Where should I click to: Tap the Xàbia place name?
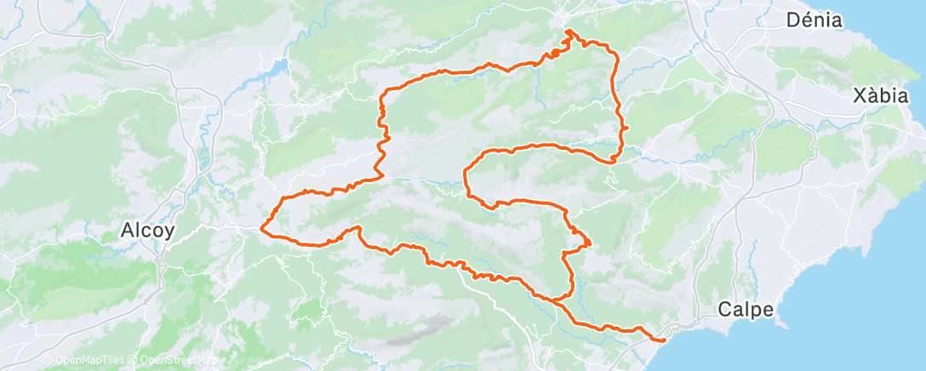(x=881, y=96)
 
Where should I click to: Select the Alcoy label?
(x=149, y=230)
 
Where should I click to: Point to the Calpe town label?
(x=746, y=310)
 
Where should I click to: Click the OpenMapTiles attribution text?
(x=88, y=361)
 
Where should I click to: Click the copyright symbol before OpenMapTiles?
(x=47, y=361)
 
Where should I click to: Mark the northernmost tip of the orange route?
(x=568, y=31)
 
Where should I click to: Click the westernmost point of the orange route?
(x=261, y=227)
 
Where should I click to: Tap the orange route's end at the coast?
(x=663, y=341)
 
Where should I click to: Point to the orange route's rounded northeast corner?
(x=611, y=51)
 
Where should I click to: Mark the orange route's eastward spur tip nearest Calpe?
(x=590, y=246)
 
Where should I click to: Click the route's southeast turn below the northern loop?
(x=613, y=159)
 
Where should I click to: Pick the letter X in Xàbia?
(x=859, y=96)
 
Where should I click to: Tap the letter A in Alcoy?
(x=128, y=230)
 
